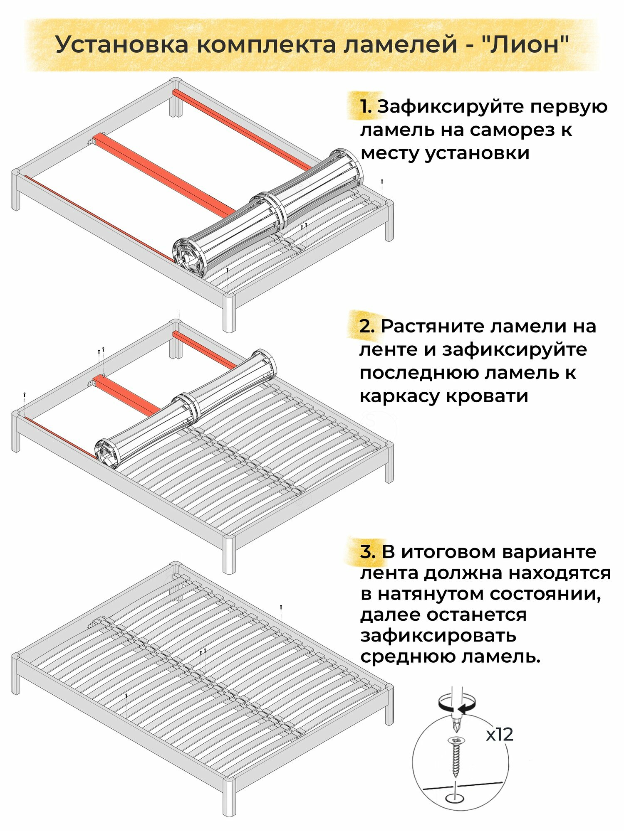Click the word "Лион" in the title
click(525, 44)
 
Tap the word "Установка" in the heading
click(122, 44)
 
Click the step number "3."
click(368, 552)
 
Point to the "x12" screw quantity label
click(500, 735)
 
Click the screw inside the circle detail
click(456, 757)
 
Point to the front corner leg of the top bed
click(229, 314)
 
